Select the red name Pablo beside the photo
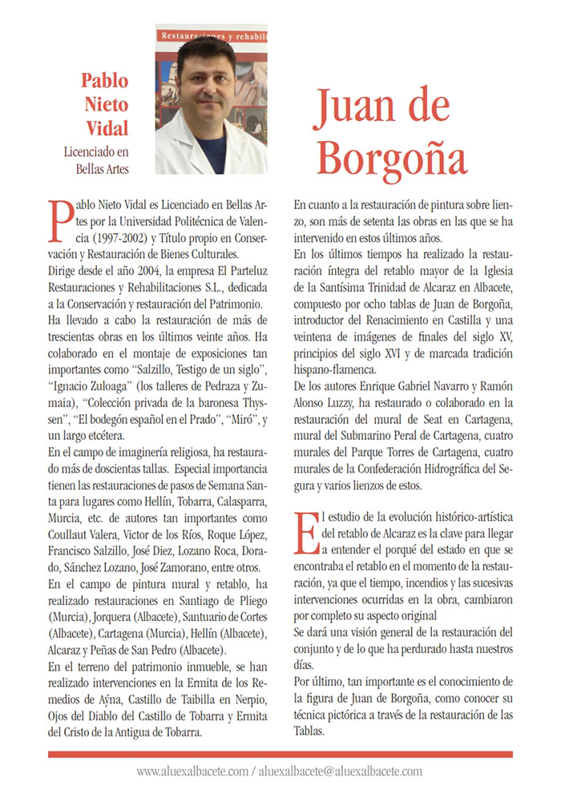tap(104, 81)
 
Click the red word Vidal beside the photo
tap(107, 127)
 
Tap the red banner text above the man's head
tap(210, 36)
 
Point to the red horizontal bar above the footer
tap(280, 754)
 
